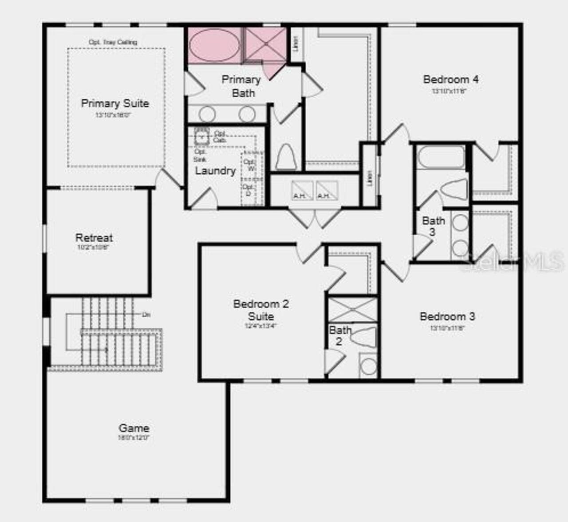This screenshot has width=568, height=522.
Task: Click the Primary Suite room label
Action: [x=115, y=103]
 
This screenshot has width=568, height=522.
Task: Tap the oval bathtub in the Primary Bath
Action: [x=214, y=45]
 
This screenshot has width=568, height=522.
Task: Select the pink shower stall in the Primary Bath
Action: [x=266, y=44]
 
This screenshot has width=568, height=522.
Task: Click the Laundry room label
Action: [x=215, y=171]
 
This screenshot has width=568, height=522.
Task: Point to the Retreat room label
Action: [x=94, y=238]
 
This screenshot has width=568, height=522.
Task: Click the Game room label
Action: [x=134, y=428]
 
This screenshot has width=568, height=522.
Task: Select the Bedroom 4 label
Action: [x=450, y=80]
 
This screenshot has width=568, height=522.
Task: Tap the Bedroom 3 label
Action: [x=447, y=317]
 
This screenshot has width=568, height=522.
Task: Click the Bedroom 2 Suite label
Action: [x=261, y=310]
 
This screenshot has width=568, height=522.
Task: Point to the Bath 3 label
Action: [x=433, y=226]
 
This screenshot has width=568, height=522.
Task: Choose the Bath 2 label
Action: [x=339, y=336]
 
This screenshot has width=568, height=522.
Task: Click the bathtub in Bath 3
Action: [x=441, y=157]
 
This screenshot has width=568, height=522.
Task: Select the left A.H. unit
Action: [x=302, y=191]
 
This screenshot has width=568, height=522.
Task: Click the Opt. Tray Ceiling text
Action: [x=113, y=42]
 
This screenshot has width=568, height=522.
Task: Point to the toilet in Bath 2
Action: [x=364, y=337]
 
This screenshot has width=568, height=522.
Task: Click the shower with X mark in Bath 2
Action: [x=353, y=310]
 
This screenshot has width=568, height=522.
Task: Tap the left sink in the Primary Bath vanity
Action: [x=207, y=114]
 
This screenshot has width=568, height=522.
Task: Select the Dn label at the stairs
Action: [x=146, y=314]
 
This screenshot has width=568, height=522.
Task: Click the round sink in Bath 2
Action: [x=368, y=366]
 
